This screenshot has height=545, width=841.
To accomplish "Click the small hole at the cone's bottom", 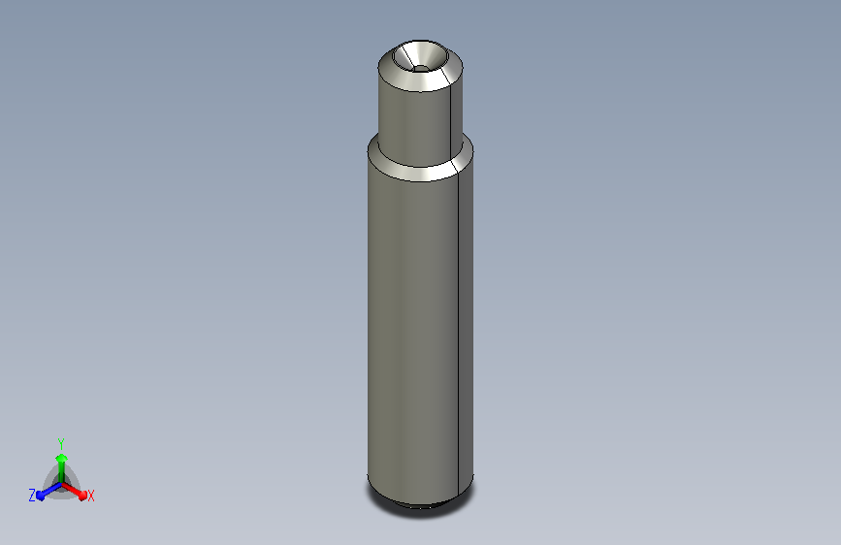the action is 421,69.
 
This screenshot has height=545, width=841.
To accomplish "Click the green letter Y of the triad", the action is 61,444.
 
